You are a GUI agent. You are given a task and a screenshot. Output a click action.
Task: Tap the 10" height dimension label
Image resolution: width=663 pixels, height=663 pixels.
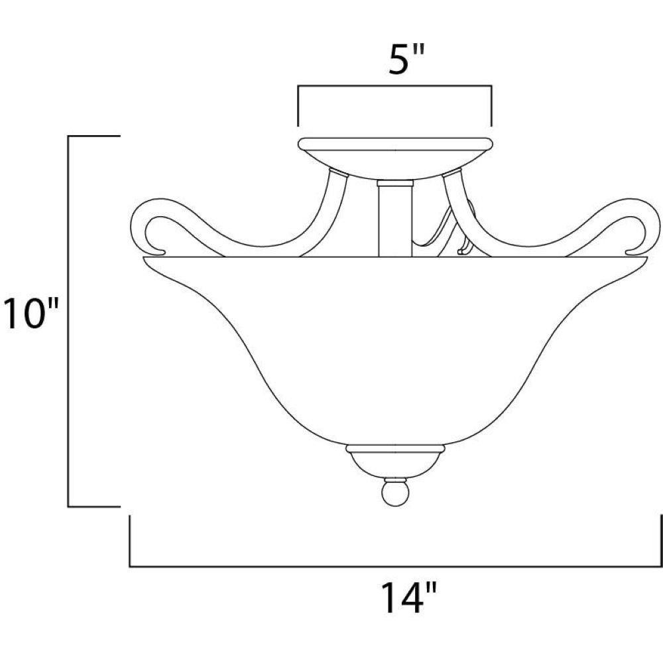[x=30, y=314]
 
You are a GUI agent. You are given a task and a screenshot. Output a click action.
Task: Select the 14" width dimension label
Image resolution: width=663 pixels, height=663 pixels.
[x=408, y=597]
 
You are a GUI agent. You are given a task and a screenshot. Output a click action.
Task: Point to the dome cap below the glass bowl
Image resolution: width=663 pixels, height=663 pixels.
[x=395, y=461]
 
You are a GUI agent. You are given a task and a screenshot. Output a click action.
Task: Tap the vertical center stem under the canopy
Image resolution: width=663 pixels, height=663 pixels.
[x=395, y=220]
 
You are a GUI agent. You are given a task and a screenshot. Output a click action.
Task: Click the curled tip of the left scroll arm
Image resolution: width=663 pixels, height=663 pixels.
[x=154, y=252]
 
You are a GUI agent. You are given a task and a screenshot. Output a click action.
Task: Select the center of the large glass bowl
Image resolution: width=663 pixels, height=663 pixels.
[x=395, y=351]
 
